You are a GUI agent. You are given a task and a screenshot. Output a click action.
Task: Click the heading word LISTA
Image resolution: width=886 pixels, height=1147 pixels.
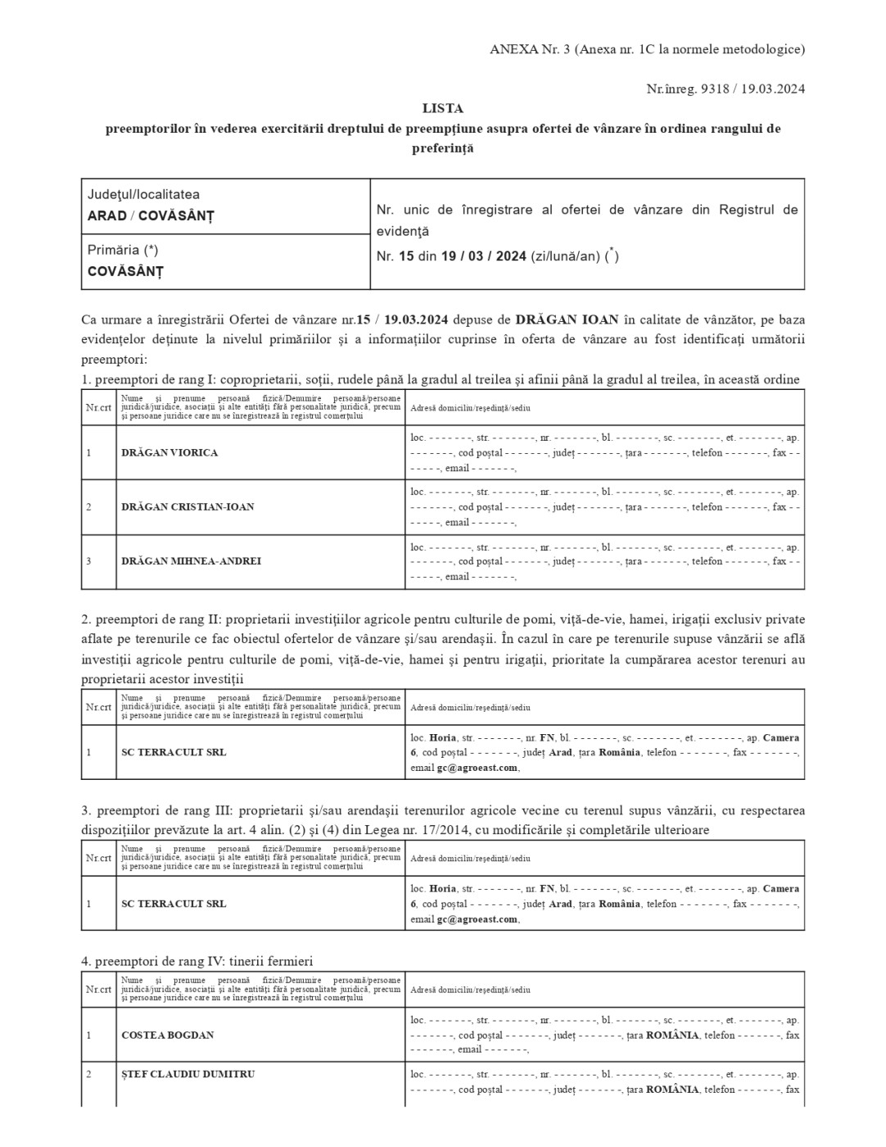point(442,108)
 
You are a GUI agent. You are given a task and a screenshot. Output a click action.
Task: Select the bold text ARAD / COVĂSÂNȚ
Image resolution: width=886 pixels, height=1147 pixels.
point(151,216)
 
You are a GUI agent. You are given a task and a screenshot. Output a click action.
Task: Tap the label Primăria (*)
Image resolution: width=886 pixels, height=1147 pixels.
point(123,250)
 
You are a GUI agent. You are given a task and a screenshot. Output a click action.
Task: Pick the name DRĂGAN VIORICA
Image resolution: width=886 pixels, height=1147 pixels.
point(170,452)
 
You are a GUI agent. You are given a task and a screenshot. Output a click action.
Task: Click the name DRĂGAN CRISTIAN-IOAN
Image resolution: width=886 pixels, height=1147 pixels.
point(188,506)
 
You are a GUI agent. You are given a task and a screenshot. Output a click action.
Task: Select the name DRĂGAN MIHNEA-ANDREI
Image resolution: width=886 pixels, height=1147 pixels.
point(191,561)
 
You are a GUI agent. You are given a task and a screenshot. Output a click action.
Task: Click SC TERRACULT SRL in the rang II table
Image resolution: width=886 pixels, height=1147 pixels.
point(174,752)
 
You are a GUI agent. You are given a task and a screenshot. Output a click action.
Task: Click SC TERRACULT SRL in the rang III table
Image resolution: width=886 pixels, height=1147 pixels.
point(174,904)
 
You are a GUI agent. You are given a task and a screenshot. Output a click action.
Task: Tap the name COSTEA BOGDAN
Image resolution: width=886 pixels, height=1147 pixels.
point(167,1035)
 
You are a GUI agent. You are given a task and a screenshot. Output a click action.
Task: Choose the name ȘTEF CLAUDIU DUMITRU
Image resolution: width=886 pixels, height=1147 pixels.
point(188,1074)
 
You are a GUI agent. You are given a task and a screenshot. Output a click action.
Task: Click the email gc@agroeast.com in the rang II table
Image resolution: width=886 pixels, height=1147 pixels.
point(477,768)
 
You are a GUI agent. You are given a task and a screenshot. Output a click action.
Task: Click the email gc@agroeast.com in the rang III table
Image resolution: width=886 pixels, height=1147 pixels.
point(477,919)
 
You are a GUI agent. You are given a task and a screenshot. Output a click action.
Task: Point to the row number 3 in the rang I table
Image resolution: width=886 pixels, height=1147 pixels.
point(88,561)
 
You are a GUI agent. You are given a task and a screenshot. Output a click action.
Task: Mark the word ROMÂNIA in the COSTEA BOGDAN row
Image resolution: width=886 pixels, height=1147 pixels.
point(672,1035)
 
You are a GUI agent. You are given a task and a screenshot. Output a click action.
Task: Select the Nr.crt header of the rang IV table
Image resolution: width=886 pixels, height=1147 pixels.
point(98,990)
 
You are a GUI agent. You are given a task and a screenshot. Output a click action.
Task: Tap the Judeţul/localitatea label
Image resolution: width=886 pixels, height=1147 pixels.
point(143,195)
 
